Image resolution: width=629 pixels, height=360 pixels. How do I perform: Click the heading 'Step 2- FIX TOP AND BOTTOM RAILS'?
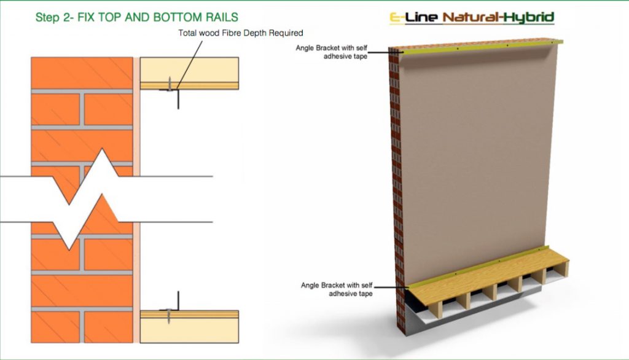click(137, 17)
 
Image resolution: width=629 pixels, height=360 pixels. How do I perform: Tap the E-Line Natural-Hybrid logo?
click(472, 18)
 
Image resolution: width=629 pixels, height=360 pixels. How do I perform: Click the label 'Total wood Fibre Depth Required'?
click(241, 33)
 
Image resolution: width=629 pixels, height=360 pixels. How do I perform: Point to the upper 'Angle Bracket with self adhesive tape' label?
click(331, 52)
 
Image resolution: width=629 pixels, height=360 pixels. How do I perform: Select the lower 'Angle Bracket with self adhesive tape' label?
click(337, 289)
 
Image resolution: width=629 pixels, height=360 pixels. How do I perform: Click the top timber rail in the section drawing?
click(189, 73)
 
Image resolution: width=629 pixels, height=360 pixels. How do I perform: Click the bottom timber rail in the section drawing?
click(189, 326)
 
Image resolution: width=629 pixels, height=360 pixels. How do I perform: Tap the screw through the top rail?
click(170, 84)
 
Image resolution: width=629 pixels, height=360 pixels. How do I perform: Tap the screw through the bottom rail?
click(170, 316)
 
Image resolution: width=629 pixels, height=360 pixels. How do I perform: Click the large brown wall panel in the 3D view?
click(477, 160)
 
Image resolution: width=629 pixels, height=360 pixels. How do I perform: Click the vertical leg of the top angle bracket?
click(178, 99)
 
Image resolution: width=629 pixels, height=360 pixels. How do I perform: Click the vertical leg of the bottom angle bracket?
click(178, 300)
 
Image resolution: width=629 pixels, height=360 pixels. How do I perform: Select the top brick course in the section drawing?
click(82, 73)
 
